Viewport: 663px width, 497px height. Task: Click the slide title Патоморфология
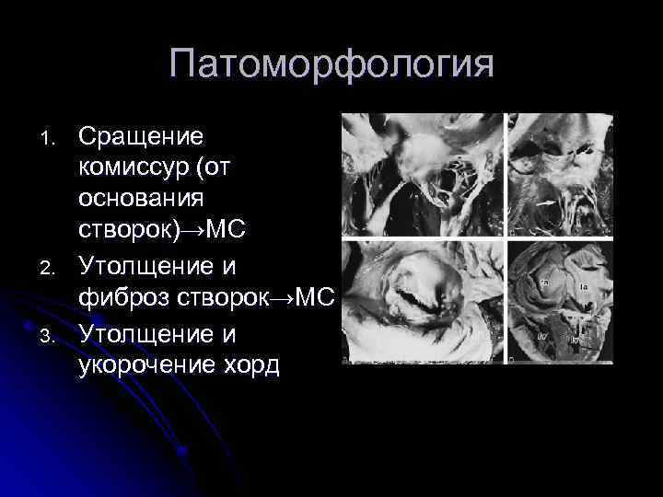click(331, 65)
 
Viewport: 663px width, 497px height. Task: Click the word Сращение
click(141, 136)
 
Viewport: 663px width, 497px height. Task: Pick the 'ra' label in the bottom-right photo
click(544, 283)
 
